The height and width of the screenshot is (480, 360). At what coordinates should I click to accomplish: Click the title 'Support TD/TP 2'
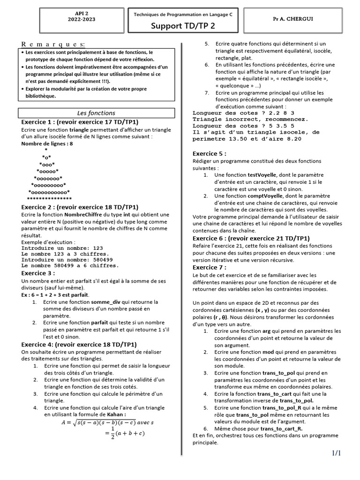click(x=183, y=26)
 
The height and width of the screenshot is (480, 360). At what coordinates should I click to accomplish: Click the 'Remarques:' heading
click(x=53, y=44)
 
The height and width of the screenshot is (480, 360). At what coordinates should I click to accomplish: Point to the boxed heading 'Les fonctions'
click(x=96, y=113)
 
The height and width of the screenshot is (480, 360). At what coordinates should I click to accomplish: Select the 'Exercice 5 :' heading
click(x=210, y=153)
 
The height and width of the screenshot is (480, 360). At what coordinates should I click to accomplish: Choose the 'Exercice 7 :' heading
click(x=210, y=267)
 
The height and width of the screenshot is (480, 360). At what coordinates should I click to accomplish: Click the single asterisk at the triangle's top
click(x=46, y=150)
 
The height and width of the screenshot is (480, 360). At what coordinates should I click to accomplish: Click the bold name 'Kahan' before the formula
click(x=117, y=414)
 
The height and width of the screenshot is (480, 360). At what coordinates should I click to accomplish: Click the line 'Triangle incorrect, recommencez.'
click(x=250, y=119)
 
